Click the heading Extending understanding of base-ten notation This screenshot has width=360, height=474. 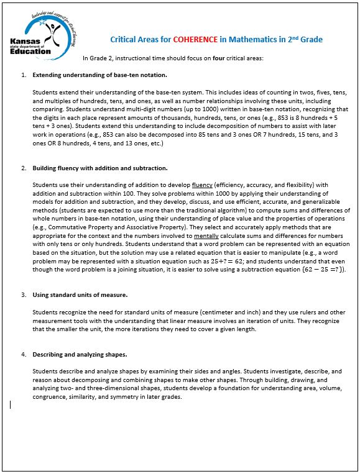click(99, 75)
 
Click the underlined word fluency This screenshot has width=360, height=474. click(202, 185)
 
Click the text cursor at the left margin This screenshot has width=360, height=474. click(10, 404)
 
